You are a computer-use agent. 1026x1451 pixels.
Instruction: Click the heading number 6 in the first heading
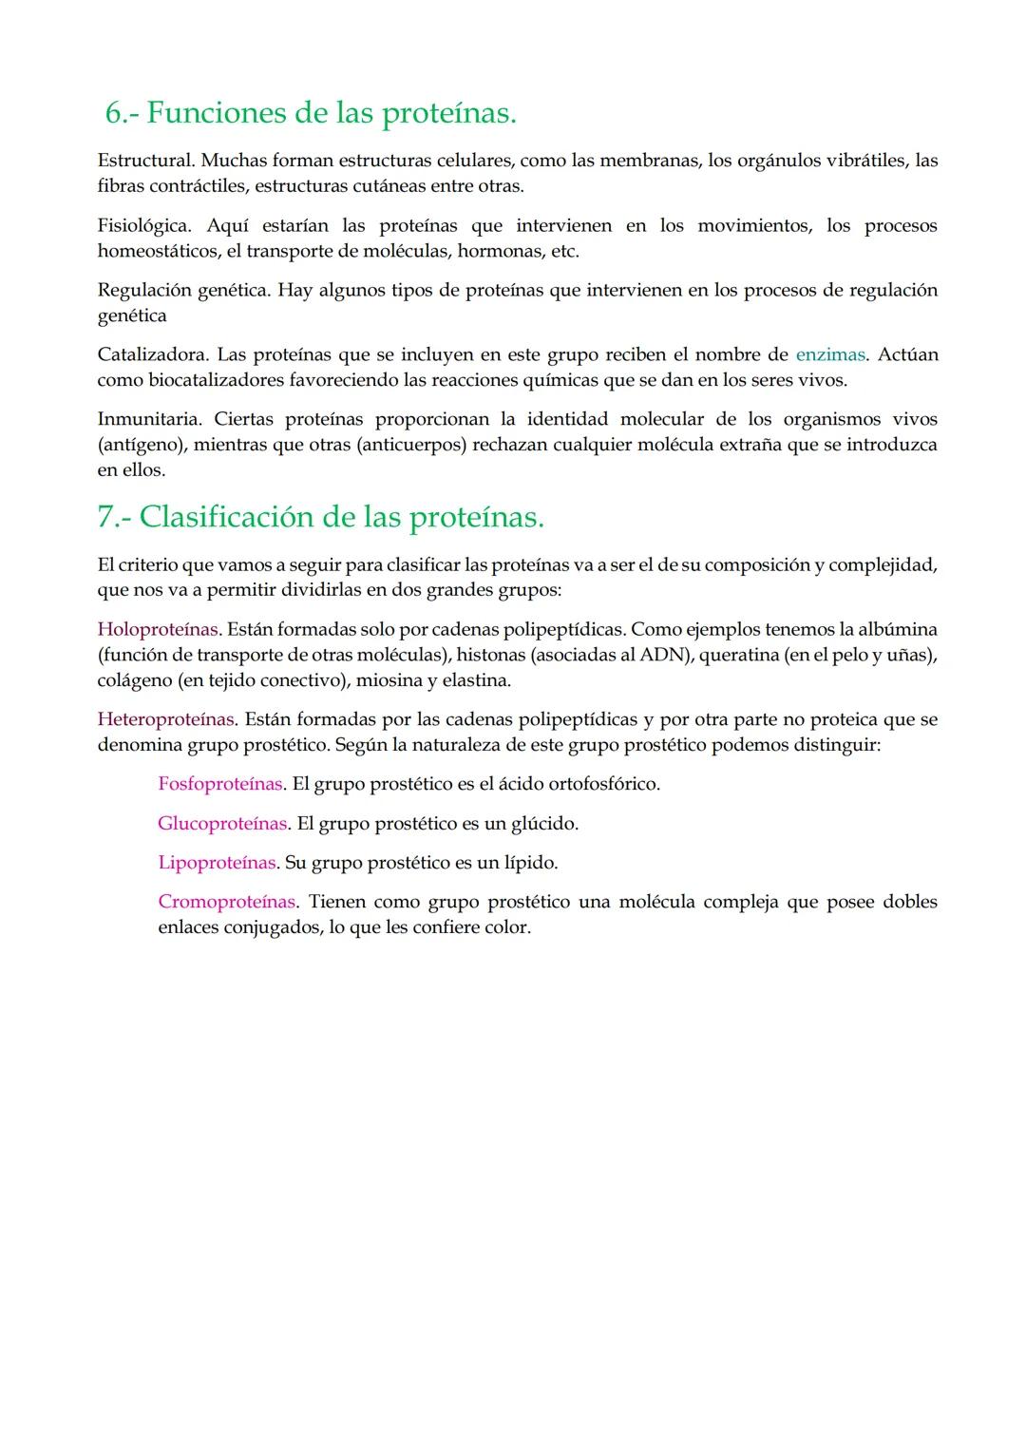114,114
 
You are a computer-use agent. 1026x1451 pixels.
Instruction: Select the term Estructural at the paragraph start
144,161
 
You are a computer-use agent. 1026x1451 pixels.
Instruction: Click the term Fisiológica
144,226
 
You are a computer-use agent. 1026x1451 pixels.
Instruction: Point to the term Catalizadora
152,355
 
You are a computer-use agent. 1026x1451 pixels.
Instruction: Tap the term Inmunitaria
149,420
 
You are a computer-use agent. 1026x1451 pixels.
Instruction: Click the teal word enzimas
829,355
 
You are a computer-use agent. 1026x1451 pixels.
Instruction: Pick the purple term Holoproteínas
158,630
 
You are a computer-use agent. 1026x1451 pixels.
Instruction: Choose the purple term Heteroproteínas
165,720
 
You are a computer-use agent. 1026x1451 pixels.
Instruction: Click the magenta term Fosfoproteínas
220,785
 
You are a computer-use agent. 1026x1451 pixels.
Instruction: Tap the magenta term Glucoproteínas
222,824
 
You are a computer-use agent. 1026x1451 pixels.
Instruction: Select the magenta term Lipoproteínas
218,864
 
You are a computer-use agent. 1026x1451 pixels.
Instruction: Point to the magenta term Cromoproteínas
227,903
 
